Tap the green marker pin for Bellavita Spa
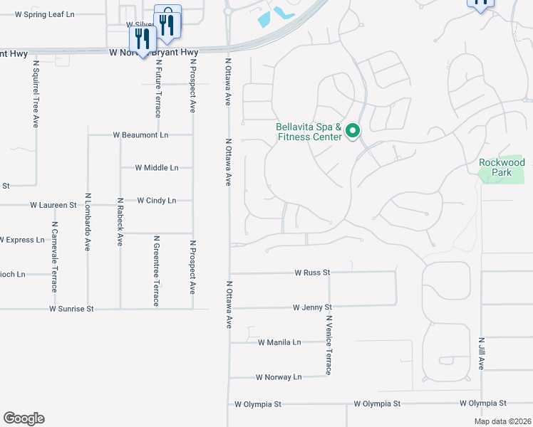point(352,131)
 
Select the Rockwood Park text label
point(502,167)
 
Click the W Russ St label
point(313,273)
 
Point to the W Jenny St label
point(312,307)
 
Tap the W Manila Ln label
point(279,342)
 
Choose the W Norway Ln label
point(279,377)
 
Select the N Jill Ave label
point(482,353)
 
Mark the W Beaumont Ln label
point(140,135)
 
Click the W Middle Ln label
point(157,168)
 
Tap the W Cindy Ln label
point(156,201)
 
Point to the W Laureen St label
point(53,205)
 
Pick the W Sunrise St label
point(71,309)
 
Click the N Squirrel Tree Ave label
point(35,93)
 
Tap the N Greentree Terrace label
point(156,274)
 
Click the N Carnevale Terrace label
point(53,257)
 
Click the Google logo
point(24,418)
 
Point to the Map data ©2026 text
point(501,421)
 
